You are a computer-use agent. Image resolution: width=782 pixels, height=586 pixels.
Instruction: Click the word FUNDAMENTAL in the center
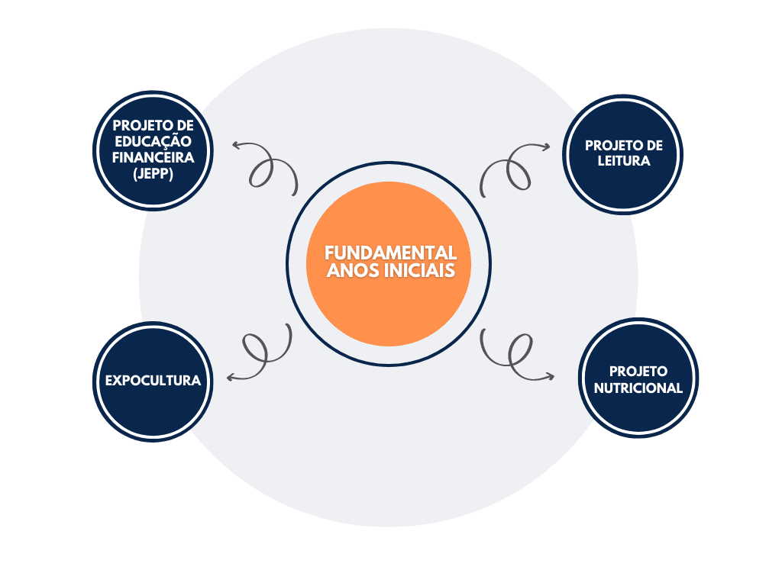pos(390,253)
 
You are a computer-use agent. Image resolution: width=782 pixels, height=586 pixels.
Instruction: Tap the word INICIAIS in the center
pos(423,271)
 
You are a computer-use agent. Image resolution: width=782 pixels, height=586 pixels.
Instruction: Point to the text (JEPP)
pos(153,174)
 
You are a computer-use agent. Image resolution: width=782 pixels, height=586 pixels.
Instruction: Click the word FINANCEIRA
pos(153,158)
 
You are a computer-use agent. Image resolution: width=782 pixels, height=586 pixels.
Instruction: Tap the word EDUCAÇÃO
pos(153,142)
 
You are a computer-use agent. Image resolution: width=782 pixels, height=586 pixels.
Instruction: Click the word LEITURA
pos(625,161)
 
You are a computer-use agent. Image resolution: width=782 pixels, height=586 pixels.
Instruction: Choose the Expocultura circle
pos(153,380)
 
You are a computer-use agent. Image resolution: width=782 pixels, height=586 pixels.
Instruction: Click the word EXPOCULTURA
pos(153,380)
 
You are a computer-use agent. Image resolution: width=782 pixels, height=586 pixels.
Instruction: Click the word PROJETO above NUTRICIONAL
pos(638,372)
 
